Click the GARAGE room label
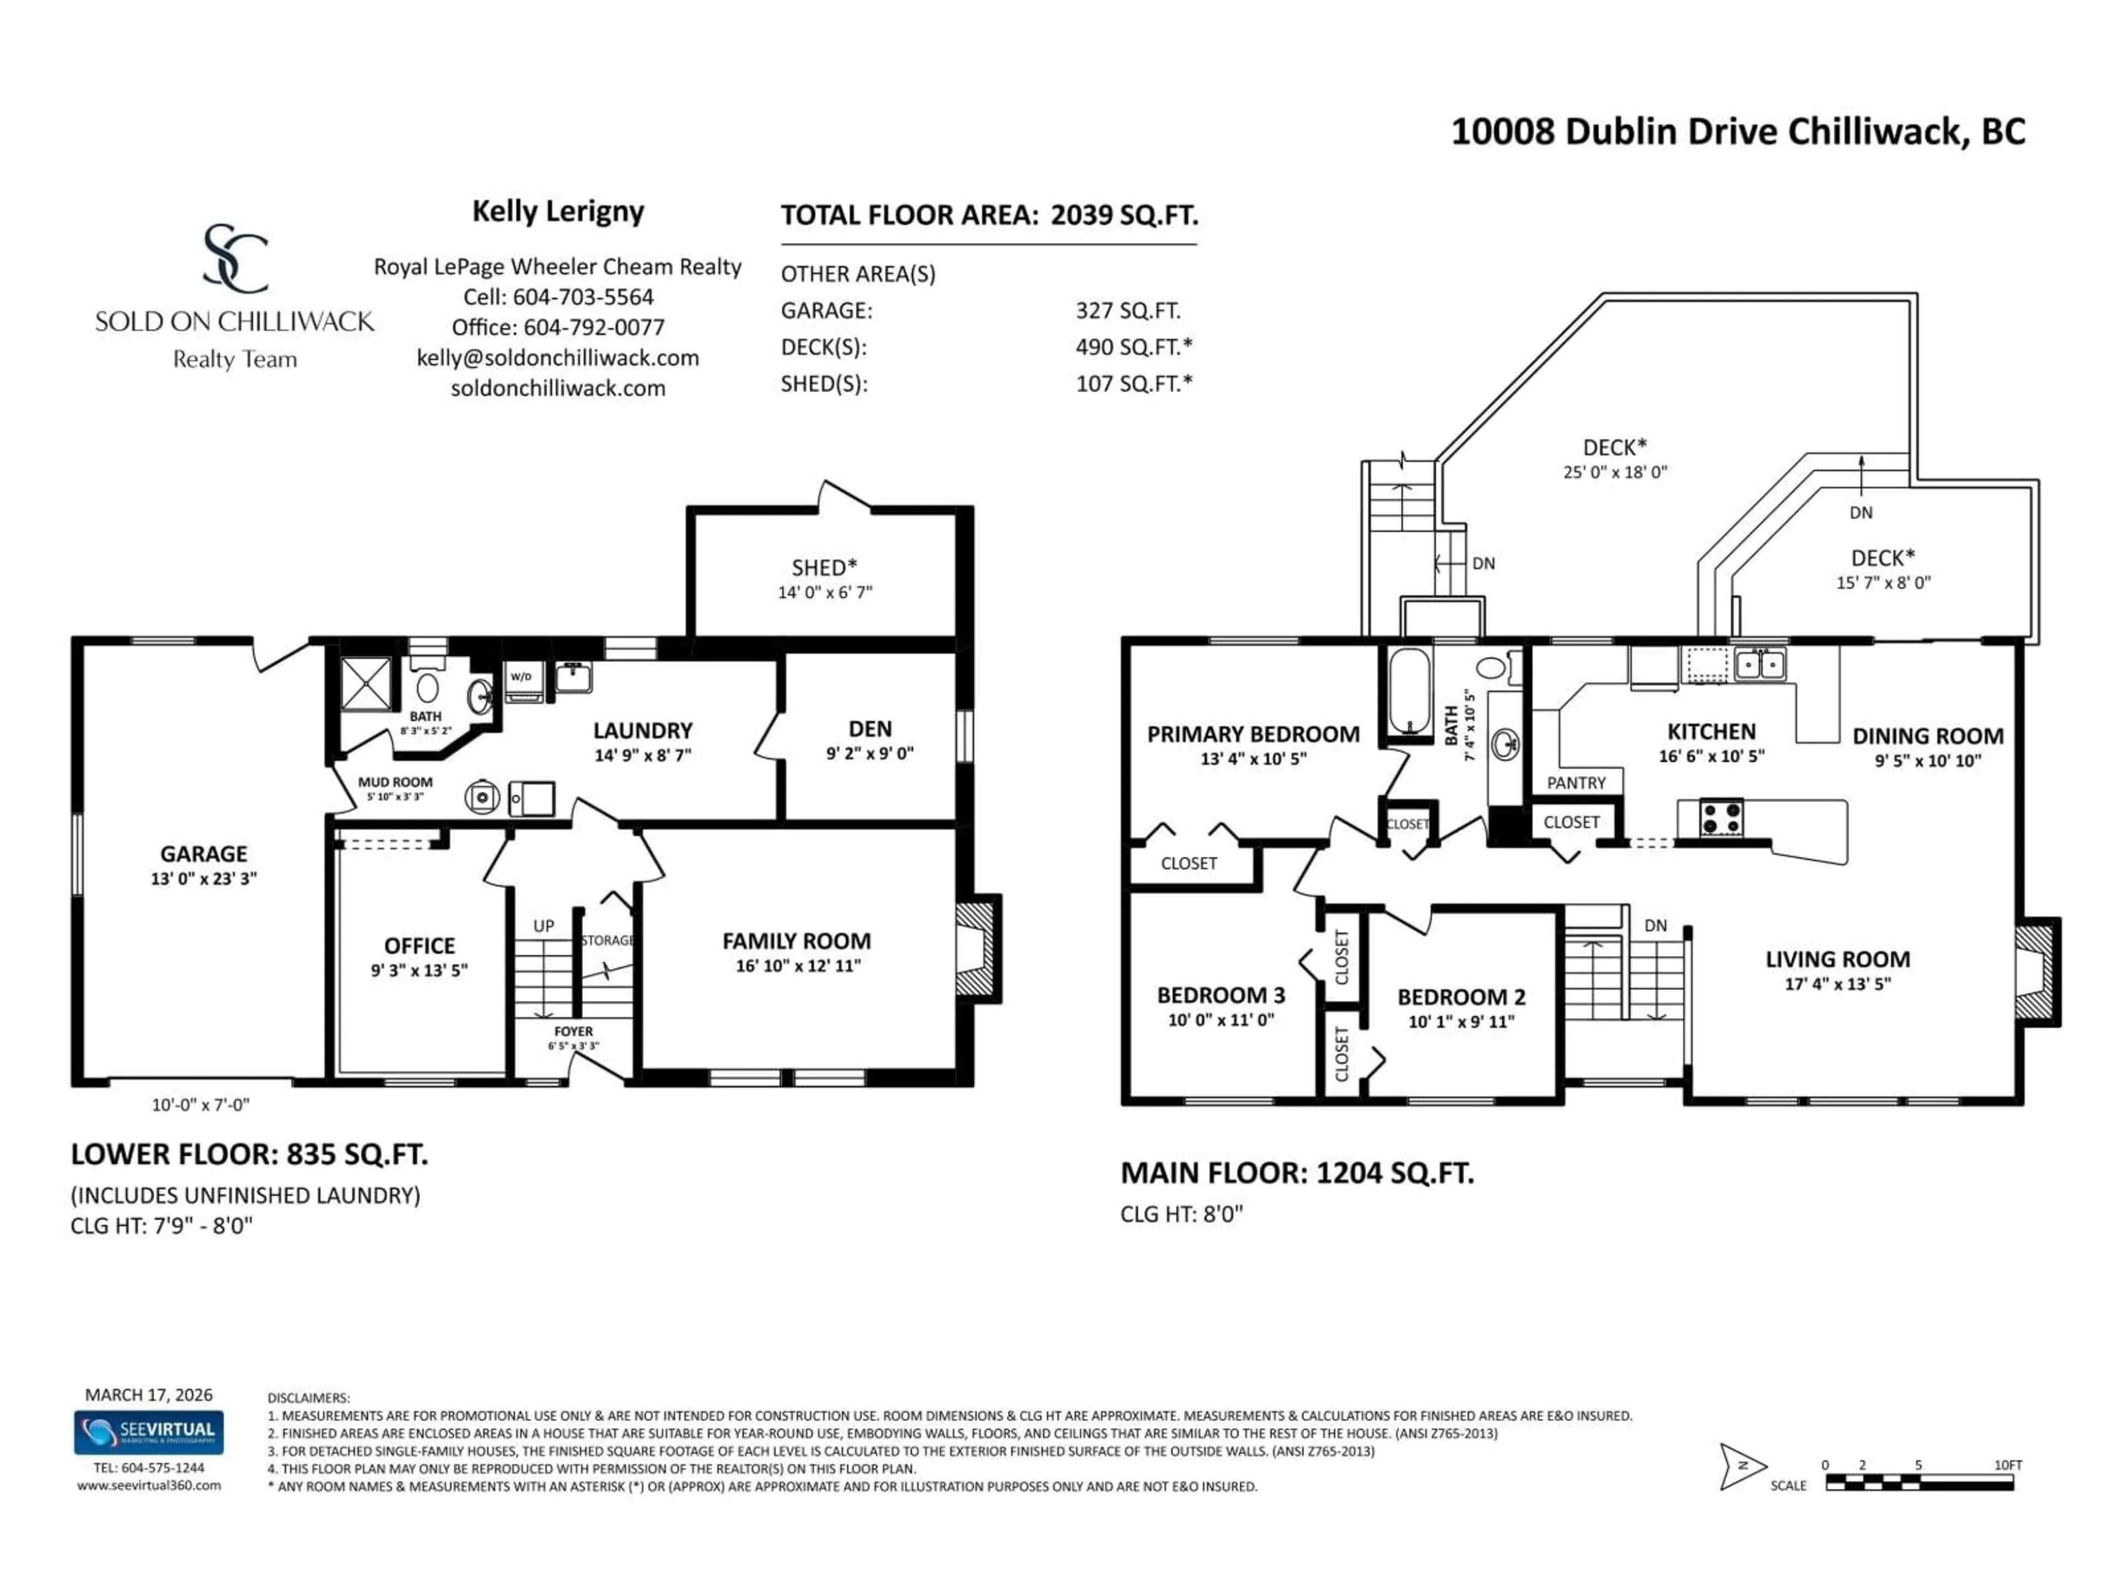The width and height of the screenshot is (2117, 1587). (203, 853)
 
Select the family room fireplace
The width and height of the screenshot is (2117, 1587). (976, 949)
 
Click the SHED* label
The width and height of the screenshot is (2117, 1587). (824, 567)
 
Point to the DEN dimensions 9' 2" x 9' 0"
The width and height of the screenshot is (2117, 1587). (869, 753)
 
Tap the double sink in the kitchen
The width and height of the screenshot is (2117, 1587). (1759, 664)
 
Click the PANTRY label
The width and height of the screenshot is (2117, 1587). (1576, 782)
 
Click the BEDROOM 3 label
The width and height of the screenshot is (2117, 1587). (1220, 995)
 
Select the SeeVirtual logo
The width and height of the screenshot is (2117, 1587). (149, 1432)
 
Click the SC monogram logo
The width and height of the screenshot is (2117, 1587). (234, 258)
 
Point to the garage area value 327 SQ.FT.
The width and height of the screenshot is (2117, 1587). (1127, 311)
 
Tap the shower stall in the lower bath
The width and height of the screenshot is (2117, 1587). (367, 684)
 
